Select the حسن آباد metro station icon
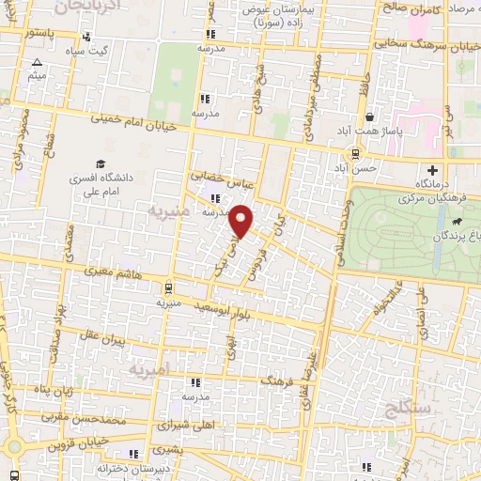point(354,153)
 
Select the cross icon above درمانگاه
point(431,170)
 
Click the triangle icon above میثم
point(37,62)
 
